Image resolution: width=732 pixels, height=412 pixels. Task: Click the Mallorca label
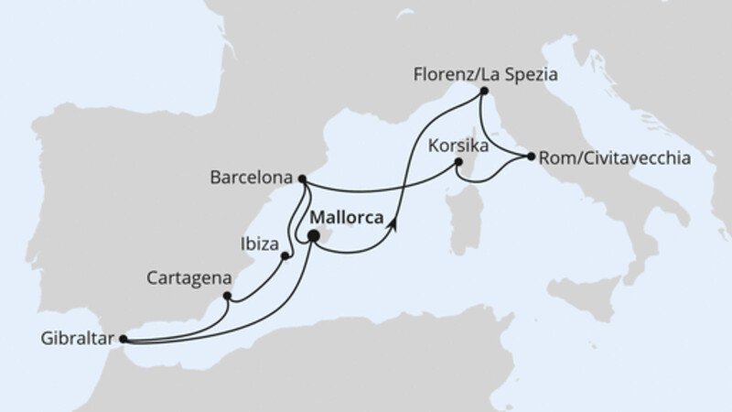click(347, 218)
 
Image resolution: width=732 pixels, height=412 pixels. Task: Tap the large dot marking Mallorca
click(313, 236)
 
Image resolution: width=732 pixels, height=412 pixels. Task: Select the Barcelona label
click(258, 177)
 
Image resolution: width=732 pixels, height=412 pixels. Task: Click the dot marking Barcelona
click(303, 179)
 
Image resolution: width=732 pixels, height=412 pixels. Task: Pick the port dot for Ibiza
click(285, 256)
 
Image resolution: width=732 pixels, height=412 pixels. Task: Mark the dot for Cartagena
click(227, 296)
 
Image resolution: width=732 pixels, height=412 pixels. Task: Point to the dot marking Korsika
click(459, 164)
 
